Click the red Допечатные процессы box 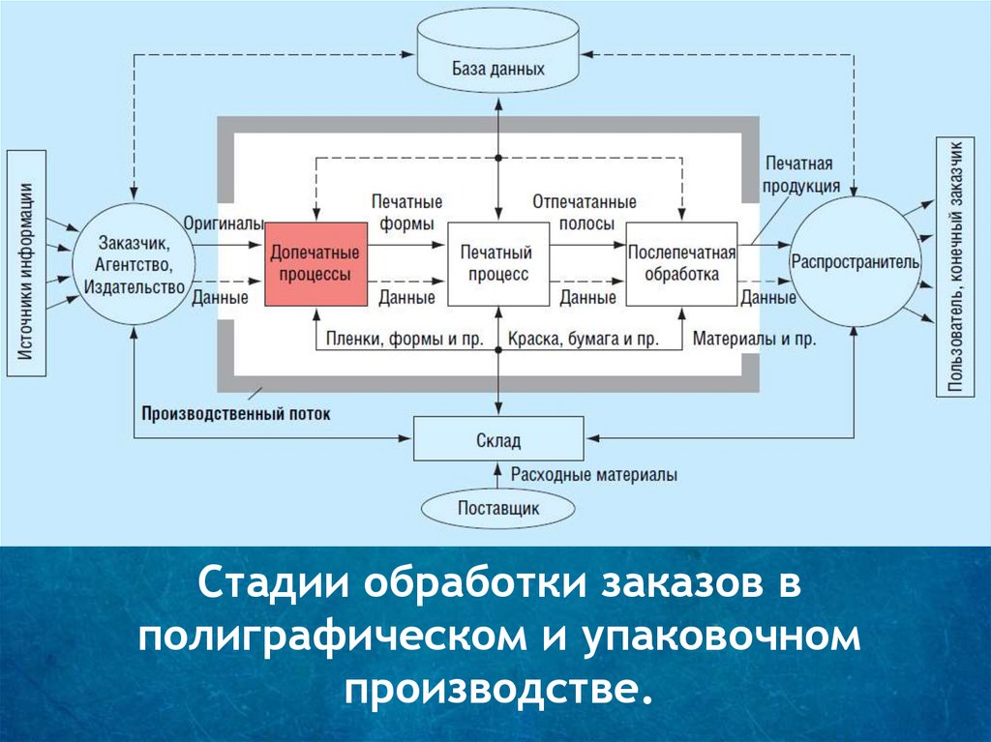pos(315,263)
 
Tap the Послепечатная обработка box pos(682,263)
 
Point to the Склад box pos(498,440)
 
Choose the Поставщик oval pos(498,507)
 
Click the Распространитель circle pos(856,262)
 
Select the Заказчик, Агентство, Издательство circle pos(135,262)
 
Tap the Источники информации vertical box pos(28,262)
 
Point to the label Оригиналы pos(224,223)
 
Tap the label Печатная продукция pos(798,175)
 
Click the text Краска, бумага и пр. pos(584,340)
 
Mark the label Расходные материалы pos(593,475)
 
